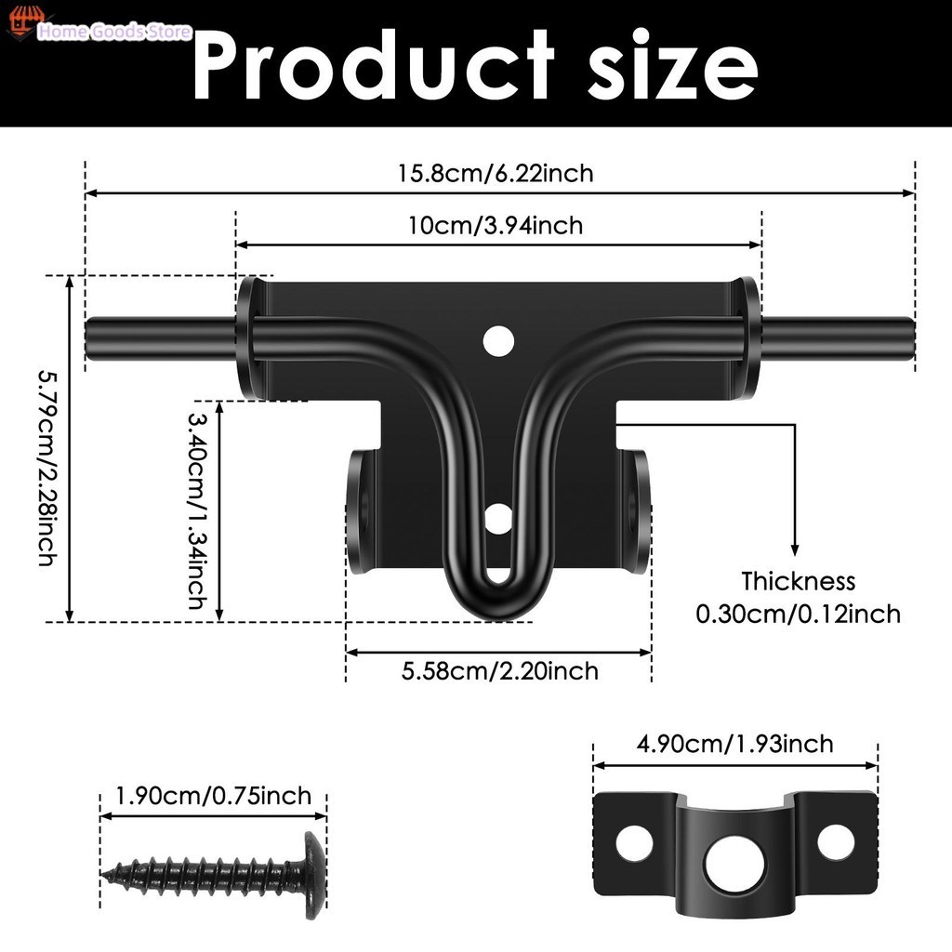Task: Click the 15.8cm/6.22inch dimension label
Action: coord(496,174)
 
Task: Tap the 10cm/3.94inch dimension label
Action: coord(496,226)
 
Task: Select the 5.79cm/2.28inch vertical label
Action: coord(48,469)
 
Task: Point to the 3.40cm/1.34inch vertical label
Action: coord(197,510)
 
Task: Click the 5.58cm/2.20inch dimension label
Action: coord(499,671)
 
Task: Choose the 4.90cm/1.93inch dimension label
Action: coord(734,745)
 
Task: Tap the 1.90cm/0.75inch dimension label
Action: coord(213,796)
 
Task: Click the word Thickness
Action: coord(798,582)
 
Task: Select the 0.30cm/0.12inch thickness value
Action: coord(798,615)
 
